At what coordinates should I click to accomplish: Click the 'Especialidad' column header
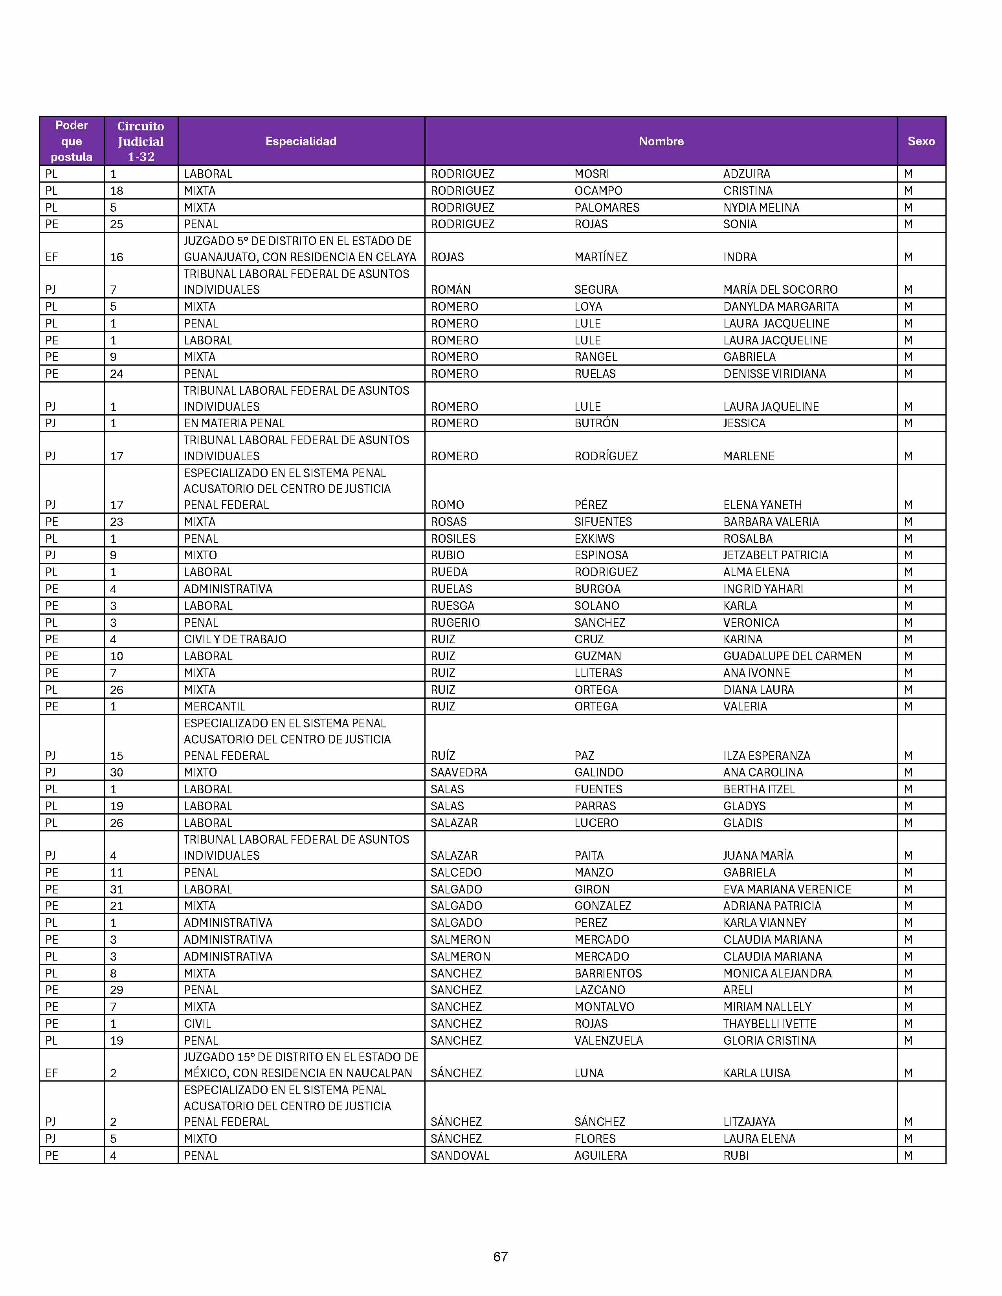[301, 141]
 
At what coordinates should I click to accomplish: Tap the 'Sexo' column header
[921, 141]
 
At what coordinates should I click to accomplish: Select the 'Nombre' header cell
[661, 141]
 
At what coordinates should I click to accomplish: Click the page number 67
[500, 1256]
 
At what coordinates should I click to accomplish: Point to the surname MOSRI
[592, 174]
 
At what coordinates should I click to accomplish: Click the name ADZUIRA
[747, 174]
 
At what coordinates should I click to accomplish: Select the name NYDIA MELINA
[761, 208]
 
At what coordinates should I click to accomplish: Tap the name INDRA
[740, 257]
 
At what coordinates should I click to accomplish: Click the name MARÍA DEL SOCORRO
[780, 289]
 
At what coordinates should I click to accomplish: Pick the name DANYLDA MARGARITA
[781, 307]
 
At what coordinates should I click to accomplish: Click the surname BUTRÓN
[596, 423]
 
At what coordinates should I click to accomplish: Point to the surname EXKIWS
[594, 539]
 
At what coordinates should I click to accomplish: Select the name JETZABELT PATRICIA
[775, 555]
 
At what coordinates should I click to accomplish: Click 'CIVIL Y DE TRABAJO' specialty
[235, 639]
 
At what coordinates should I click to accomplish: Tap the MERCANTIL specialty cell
[214, 706]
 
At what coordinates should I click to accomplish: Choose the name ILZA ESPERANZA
[766, 756]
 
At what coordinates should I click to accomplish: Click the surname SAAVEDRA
[459, 772]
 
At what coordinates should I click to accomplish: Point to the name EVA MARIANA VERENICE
[787, 890]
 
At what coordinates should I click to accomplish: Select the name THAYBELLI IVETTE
[769, 1023]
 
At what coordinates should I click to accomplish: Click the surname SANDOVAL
[460, 1155]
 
